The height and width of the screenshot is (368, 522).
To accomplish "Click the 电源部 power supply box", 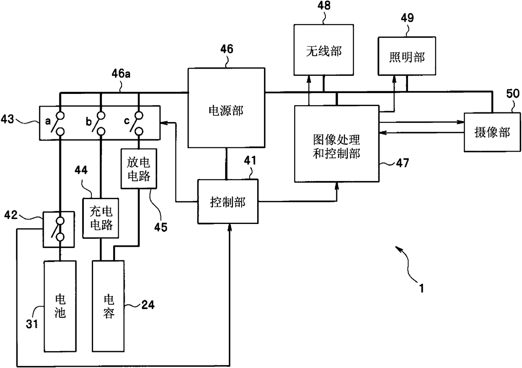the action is [226, 108].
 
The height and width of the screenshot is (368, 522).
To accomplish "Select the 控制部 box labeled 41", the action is [228, 202].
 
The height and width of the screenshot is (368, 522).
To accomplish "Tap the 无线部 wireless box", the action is [323, 50].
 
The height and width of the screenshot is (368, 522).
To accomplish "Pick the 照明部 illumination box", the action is [407, 56].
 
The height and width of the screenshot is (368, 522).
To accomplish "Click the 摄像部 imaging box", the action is [492, 132].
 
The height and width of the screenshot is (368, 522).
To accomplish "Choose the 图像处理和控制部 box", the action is [336, 144].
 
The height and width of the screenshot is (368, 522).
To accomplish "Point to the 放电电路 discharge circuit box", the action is [138, 168].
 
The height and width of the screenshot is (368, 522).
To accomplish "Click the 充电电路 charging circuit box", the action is [101, 218].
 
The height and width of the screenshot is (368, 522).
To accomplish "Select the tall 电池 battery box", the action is [60, 306].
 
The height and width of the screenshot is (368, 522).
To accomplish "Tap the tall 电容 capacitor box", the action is [108, 306].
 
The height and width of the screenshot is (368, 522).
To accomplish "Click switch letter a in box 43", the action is [48, 121].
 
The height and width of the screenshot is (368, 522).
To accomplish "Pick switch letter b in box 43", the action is [88, 122].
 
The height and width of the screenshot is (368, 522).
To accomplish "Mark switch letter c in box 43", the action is [127, 121].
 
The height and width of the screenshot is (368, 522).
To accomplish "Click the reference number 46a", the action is [121, 74].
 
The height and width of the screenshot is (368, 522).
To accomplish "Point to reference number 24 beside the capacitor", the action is [148, 305].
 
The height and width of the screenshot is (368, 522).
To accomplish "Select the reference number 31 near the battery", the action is [32, 324].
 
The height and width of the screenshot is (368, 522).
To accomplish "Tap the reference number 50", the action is [513, 94].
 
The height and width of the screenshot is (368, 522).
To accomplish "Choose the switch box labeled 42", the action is [59, 229].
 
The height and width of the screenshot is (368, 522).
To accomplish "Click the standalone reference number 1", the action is [421, 288].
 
